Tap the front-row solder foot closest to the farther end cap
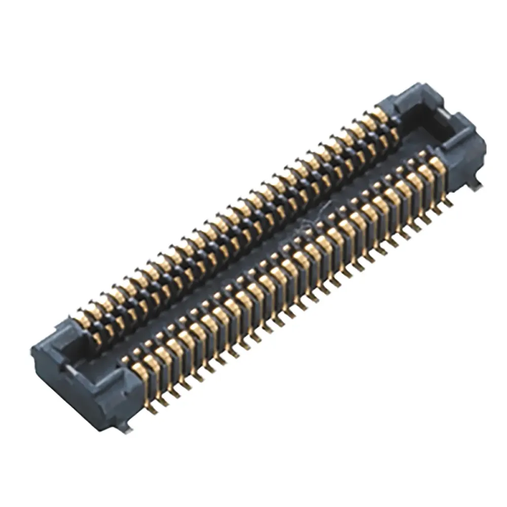coord(448,203)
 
